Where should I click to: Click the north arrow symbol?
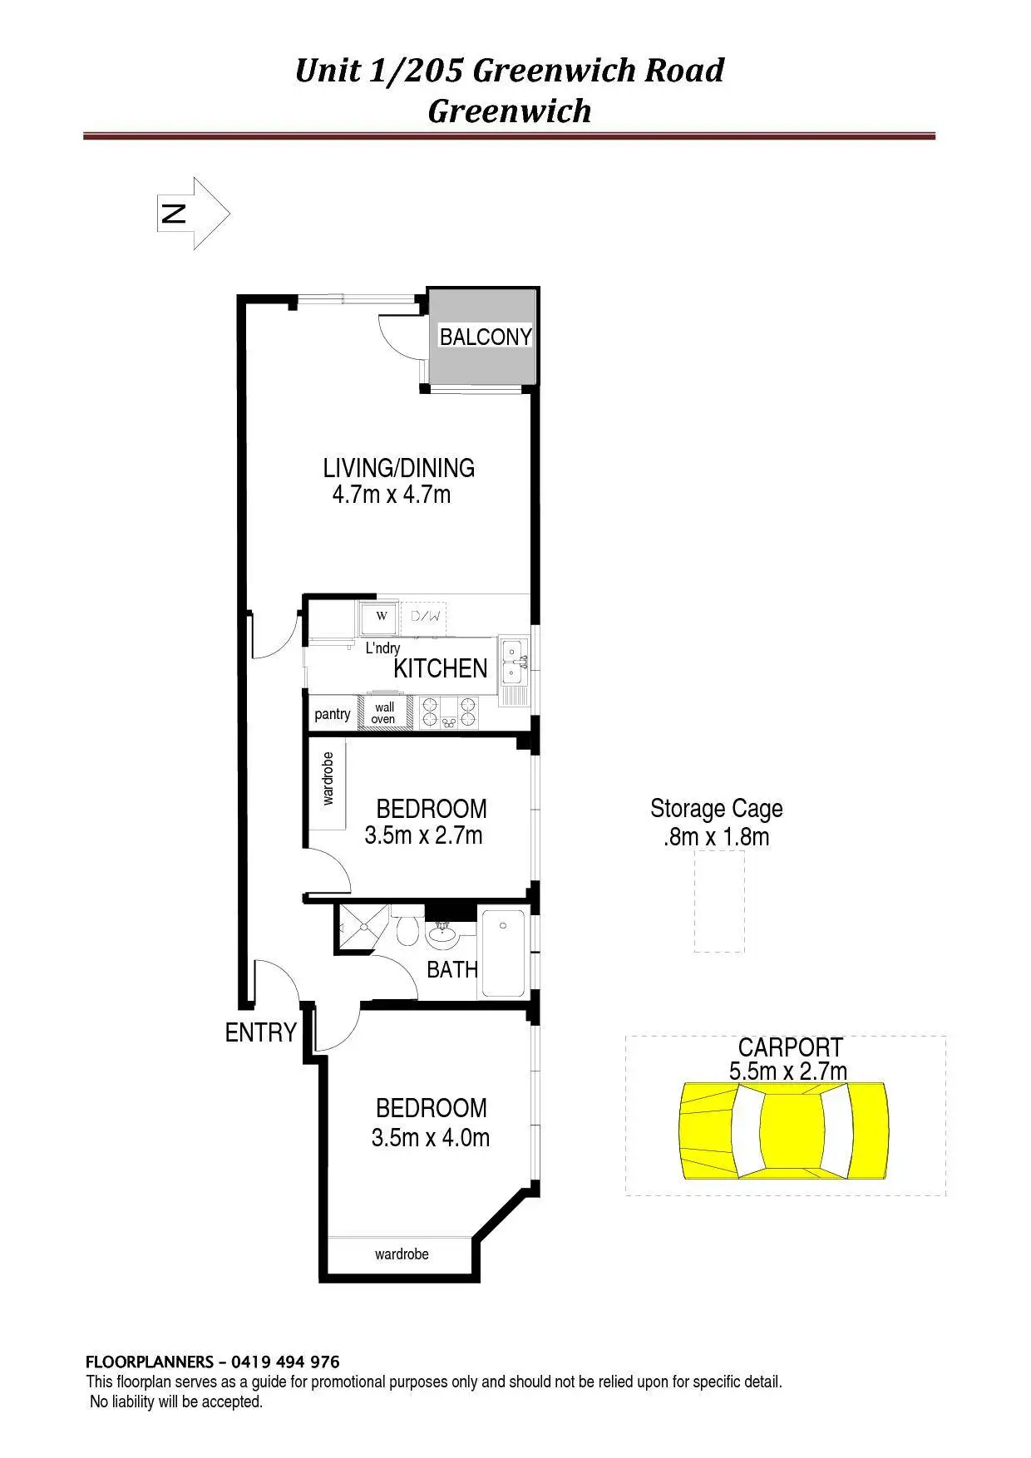(193, 213)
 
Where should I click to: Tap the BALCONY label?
(486, 337)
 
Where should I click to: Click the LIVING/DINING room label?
(398, 468)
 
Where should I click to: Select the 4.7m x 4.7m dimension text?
(391, 495)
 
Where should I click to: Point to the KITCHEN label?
(440, 668)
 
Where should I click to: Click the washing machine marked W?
(382, 617)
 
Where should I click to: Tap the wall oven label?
(384, 713)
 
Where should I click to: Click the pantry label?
(333, 714)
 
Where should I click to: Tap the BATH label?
(452, 969)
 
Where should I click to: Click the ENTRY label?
(260, 1032)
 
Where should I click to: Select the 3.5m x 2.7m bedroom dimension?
(423, 835)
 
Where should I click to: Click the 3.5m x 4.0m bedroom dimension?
(430, 1137)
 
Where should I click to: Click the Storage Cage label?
(716, 809)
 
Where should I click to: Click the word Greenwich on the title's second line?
(509, 111)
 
